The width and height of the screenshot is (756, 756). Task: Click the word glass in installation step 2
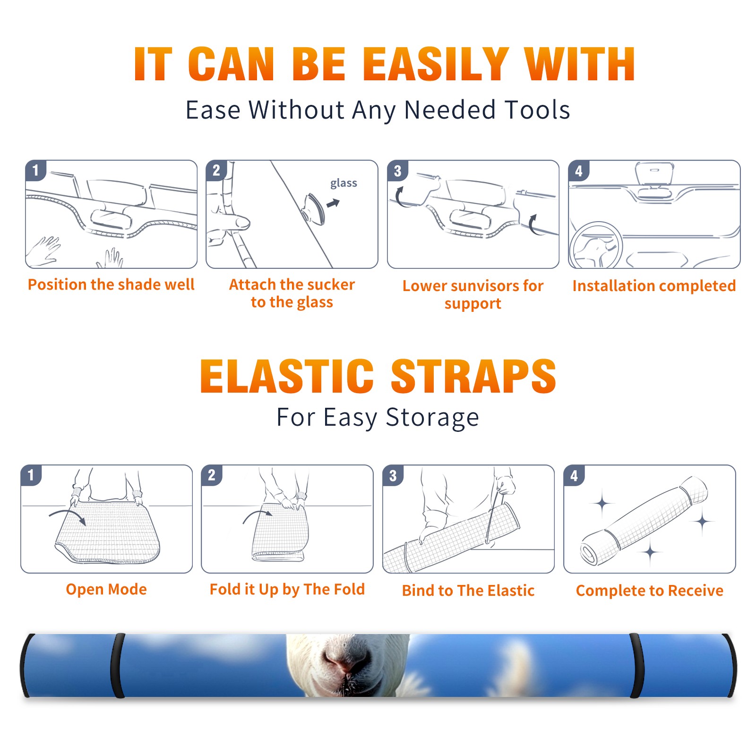coord(344,183)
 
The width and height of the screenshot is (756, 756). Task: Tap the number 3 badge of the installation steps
coord(397,171)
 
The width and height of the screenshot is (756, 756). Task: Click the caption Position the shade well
coord(111,284)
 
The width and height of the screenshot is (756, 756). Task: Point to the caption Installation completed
coord(654,286)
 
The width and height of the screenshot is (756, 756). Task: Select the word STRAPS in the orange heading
coord(473,376)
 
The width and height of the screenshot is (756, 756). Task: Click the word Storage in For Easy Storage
coord(432,418)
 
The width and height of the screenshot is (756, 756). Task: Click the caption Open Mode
coord(106,589)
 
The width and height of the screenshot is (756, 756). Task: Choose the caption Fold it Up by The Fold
coord(287,589)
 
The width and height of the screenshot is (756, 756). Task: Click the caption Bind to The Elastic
coord(468,591)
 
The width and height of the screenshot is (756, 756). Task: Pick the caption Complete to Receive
coord(650,591)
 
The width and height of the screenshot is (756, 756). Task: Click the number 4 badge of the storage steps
coord(574,476)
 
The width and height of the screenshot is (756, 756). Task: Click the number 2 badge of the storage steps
coord(211,475)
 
